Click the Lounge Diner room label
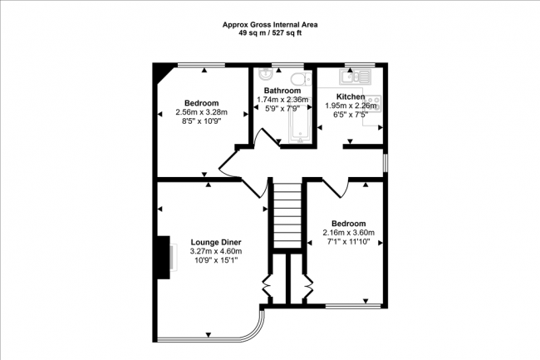click(x=216, y=242)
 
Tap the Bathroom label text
click(x=282, y=91)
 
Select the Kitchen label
click(x=351, y=96)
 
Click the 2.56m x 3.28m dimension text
click(x=202, y=112)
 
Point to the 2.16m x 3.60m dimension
click(x=349, y=233)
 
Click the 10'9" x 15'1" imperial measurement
click(x=216, y=260)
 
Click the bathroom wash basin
click(x=266, y=73)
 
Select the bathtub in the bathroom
click(x=301, y=120)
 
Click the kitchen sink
click(x=355, y=76)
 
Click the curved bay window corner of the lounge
click(x=256, y=330)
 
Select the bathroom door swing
click(x=267, y=139)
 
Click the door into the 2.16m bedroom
click(x=336, y=189)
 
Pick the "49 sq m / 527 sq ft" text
click(x=270, y=33)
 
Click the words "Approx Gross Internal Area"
click(x=270, y=25)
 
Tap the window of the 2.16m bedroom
click(x=353, y=306)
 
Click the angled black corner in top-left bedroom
click(x=162, y=73)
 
